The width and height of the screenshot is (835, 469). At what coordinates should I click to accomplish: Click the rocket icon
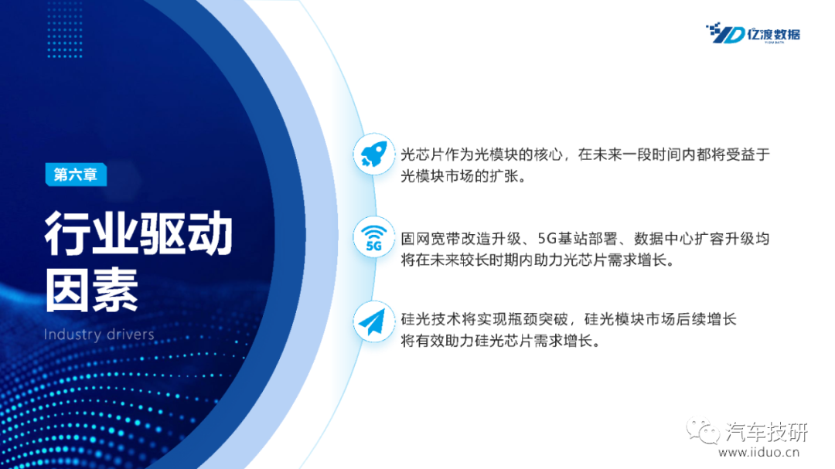[374, 155]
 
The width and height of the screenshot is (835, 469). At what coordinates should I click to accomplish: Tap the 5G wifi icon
[374, 237]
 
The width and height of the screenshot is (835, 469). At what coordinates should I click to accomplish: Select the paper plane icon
[372, 321]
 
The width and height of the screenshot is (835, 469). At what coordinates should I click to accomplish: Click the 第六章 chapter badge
[76, 175]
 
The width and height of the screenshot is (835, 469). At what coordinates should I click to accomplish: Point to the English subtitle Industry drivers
[99, 335]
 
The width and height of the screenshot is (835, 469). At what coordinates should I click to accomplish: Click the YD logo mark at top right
[724, 33]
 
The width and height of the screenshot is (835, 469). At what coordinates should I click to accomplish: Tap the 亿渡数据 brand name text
[774, 34]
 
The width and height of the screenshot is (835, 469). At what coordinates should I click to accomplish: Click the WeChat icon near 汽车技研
[703, 430]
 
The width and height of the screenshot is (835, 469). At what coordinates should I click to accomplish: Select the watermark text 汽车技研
[767, 431]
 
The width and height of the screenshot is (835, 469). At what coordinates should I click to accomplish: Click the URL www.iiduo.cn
[759, 453]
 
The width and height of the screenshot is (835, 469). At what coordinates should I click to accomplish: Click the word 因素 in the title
[91, 290]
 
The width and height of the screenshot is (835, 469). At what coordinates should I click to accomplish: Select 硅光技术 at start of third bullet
[431, 319]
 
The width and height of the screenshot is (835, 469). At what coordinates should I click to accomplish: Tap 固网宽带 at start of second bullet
[431, 239]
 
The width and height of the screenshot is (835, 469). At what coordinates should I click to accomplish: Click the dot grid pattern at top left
[64, 29]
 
